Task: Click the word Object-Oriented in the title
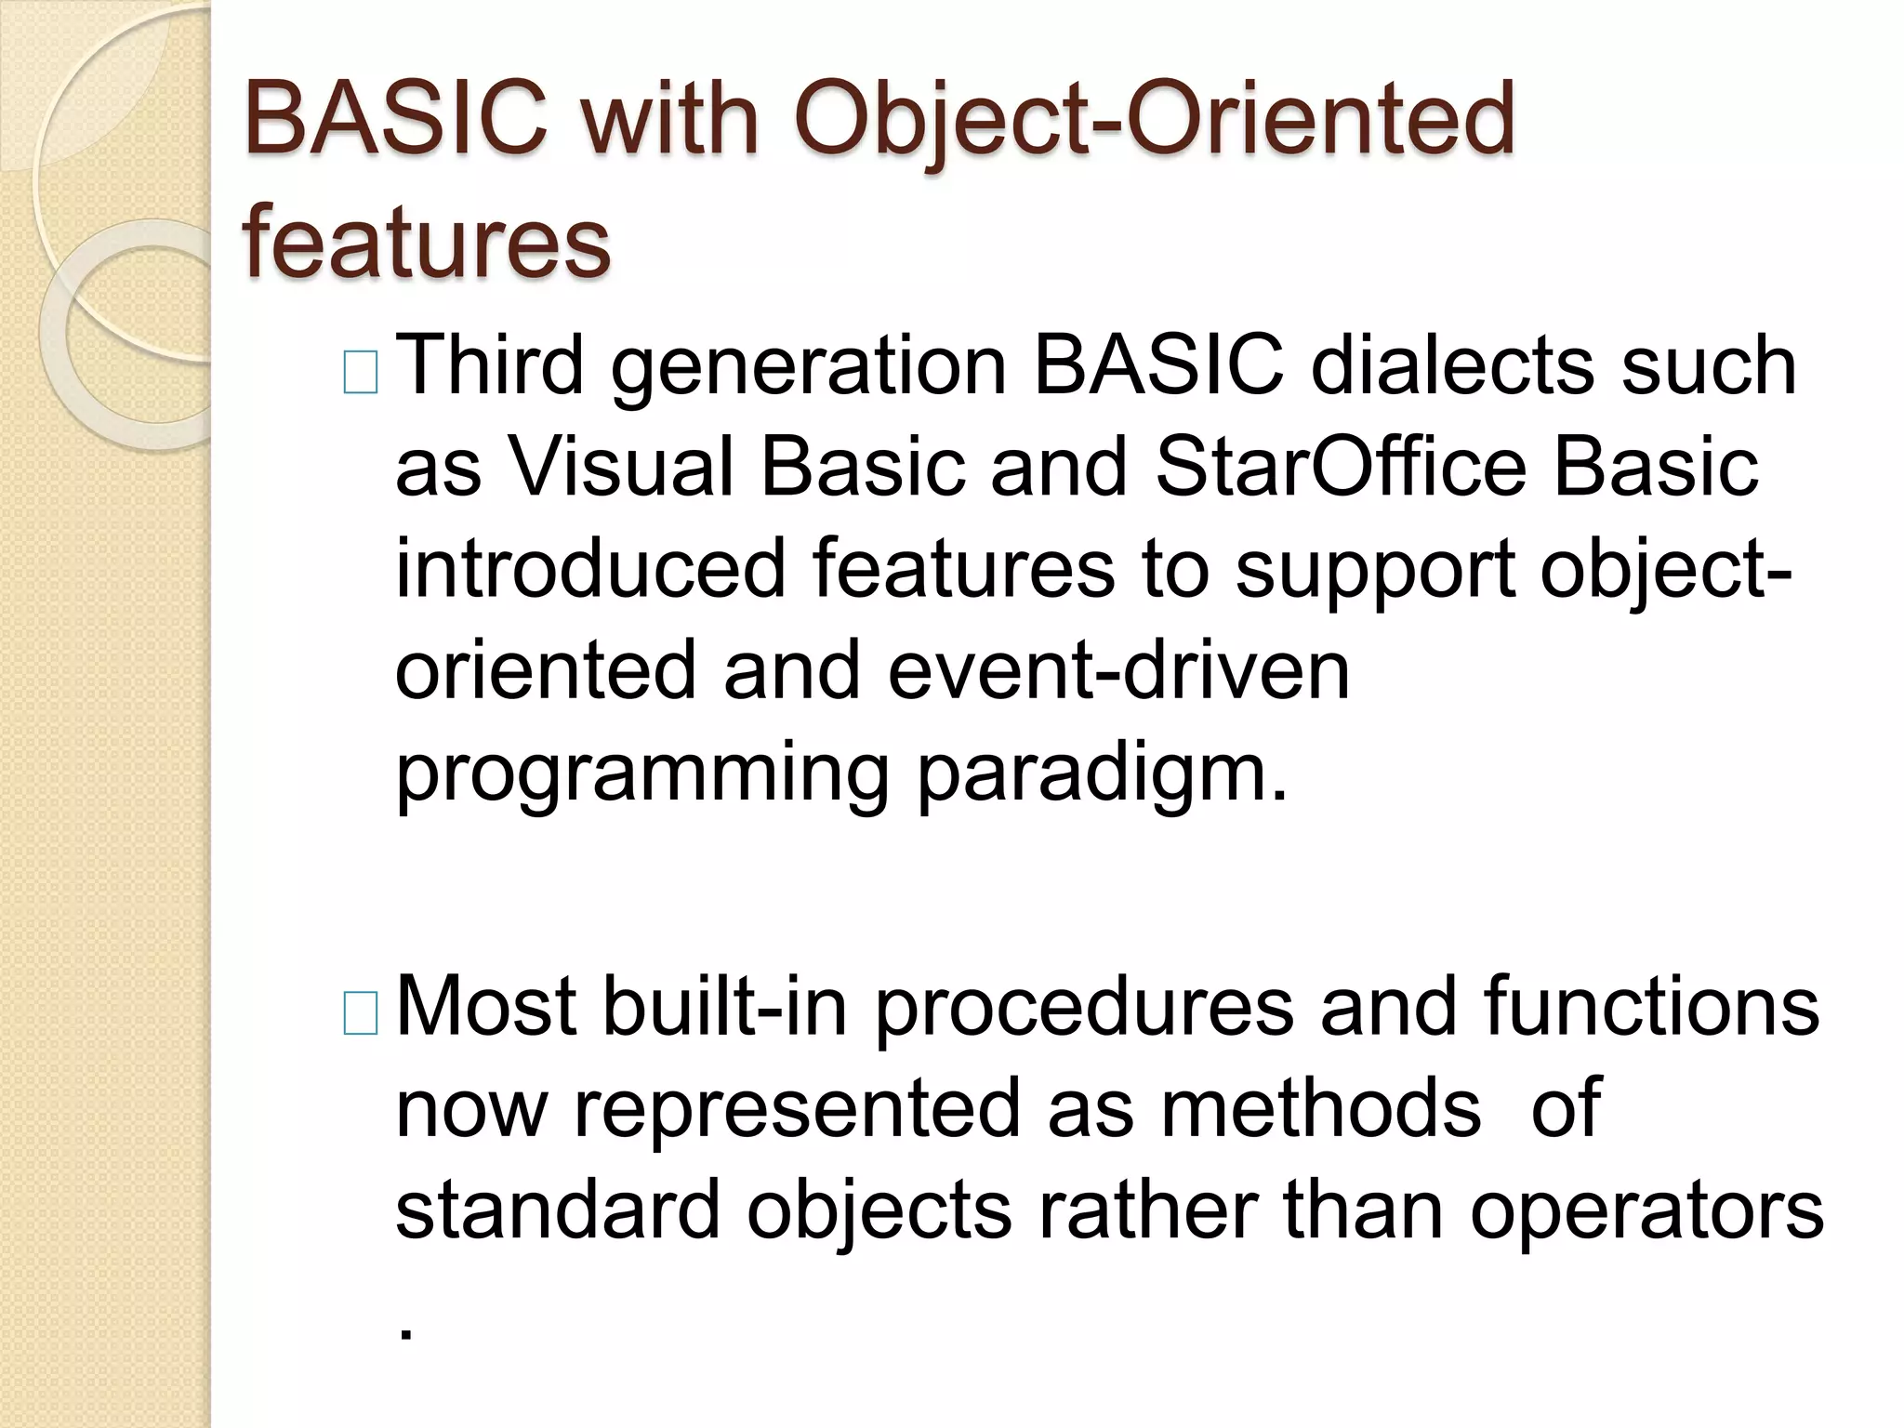click(1154, 119)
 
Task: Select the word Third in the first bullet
click(490, 365)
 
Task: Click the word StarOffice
click(1340, 467)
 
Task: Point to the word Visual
click(620, 467)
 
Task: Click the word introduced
click(590, 568)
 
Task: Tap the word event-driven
click(1118, 670)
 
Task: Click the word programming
click(641, 774)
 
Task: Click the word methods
click(1320, 1109)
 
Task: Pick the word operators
click(1646, 1212)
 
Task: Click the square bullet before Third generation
click(361, 373)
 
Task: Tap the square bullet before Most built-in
click(361, 1013)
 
